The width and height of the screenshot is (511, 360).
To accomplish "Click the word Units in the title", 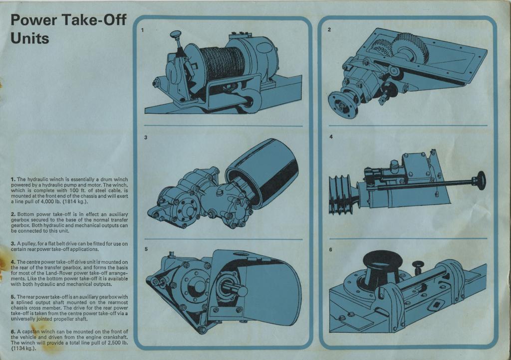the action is (29, 38).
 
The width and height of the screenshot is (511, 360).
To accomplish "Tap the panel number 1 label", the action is (142, 30).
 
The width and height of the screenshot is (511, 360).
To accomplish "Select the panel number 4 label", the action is (331, 137).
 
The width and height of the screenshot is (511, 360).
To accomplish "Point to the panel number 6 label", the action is (330, 250).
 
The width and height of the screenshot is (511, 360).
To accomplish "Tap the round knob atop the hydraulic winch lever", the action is (176, 34).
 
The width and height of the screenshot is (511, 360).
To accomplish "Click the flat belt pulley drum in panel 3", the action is (262, 173).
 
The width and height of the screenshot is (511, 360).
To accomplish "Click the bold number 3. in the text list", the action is (13, 243).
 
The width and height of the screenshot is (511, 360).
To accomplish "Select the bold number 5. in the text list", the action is (13, 297).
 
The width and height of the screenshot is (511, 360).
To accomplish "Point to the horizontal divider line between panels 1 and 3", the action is (223, 126).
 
